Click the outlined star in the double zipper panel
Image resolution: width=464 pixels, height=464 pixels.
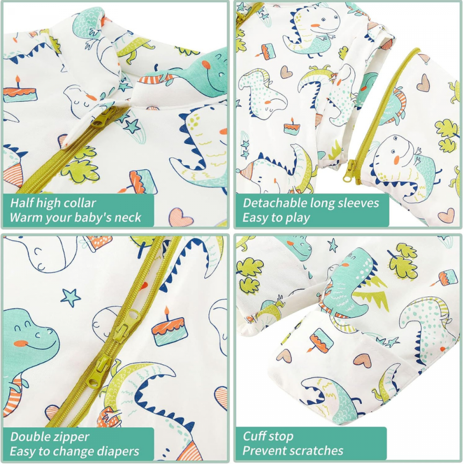(70, 298)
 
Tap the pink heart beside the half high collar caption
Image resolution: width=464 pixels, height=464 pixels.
(181, 217)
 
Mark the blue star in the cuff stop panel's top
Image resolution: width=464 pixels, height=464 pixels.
(333, 246)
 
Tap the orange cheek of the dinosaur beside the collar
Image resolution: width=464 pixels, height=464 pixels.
(205, 64)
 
